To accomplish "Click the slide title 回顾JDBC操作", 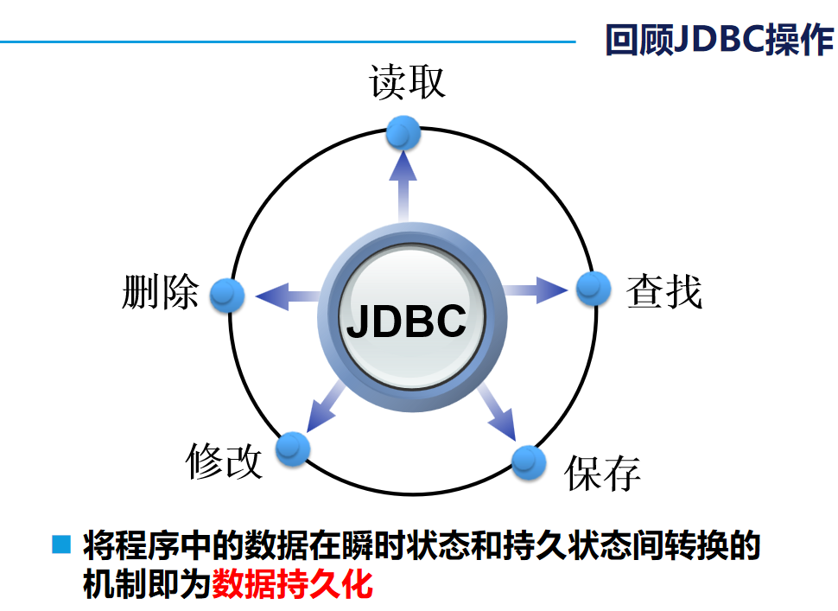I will coord(719,40).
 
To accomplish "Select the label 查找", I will coord(663,292).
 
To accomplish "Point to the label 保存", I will coord(603,473).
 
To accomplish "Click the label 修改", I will coord(224,461).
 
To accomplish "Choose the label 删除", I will coord(161,291).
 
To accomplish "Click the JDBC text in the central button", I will coord(406,321).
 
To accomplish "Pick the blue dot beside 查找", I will coord(594,289).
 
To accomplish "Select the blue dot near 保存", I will coord(530,461).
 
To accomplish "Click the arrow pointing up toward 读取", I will coord(403,181).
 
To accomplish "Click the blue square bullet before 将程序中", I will coord(61,544).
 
